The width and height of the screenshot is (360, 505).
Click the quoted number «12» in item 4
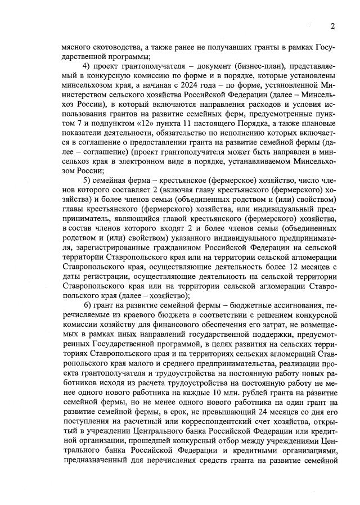point(155,114)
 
